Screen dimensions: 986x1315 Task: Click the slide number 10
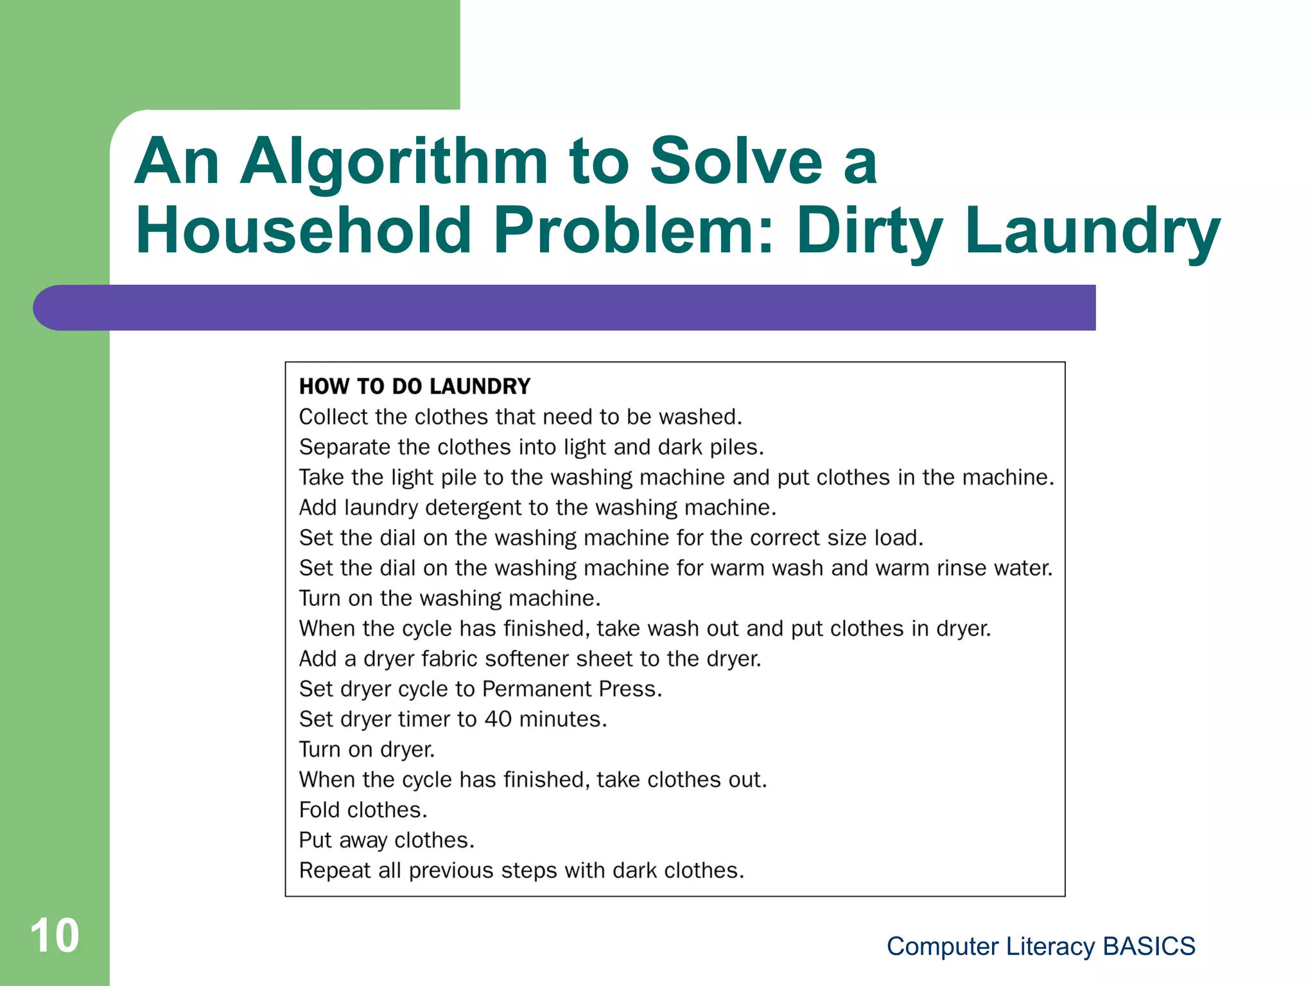55,935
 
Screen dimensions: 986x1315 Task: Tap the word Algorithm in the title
394,162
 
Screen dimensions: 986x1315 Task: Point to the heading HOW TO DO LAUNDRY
415,386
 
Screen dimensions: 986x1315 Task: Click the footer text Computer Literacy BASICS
1040,946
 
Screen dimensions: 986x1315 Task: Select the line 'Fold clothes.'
363,810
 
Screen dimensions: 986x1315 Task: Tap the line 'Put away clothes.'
387,840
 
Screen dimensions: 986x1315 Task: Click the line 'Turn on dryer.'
367,749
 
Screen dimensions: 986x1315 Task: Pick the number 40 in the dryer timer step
498,719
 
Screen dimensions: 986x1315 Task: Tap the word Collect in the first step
333,417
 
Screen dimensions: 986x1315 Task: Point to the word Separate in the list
345,447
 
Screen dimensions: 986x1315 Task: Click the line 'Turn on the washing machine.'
449,598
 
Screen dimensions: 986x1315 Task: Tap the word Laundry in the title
1092,231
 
